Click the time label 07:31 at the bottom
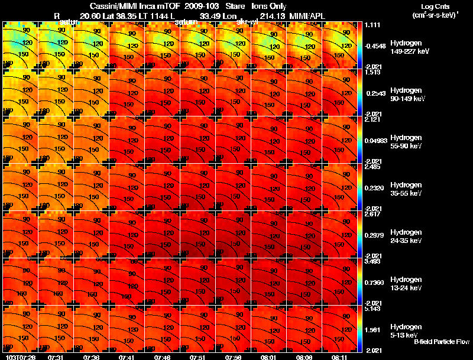(x=56, y=356)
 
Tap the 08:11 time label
(x=339, y=356)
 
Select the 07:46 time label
(x=162, y=356)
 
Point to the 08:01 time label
(x=268, y=356)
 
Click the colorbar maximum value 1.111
(x=372, y=24)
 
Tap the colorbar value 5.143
(x=372, y=309)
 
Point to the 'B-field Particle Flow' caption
(x=442, y=342)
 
